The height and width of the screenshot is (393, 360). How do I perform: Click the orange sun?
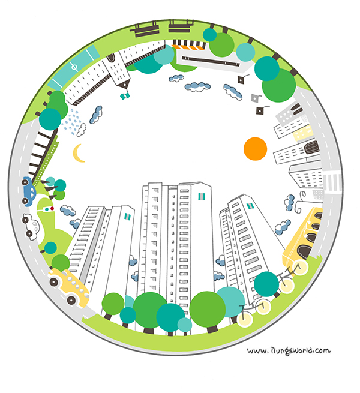[255, 149]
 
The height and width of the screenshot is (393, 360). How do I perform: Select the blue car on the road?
[29, 191]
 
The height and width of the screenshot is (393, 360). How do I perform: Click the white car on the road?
[31, 227]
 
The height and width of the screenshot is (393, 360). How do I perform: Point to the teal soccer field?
[73, 67]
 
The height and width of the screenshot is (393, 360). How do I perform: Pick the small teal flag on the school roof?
[125, 96]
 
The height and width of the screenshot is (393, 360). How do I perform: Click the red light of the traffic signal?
[52, 208]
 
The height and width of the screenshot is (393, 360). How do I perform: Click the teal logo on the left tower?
[128, 217]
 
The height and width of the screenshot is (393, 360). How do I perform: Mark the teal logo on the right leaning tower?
[250, 206]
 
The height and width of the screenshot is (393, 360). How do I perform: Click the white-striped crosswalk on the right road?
[332, 181]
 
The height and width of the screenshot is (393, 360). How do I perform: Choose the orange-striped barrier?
[188, 47]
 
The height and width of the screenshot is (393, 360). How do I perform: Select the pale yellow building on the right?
[304, 133]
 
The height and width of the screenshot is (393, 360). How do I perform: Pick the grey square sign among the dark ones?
[255, 98]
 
